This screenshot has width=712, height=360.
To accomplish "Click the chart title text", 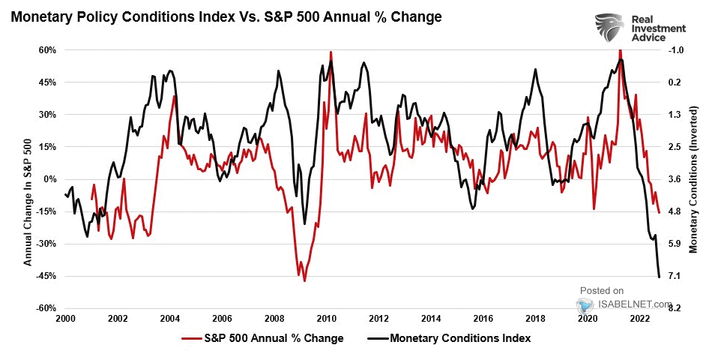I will tap(226, 16).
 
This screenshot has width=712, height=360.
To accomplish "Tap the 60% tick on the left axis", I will tap(47, 50).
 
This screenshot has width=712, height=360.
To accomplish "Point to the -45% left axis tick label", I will tap(46, 276).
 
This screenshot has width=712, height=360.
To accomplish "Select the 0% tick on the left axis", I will tap(50, 179).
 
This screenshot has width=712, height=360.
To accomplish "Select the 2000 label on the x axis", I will tap(65, 319).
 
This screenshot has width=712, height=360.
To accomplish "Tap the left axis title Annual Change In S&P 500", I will tap(28, 180).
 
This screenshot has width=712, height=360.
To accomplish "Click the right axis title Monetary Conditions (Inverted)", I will tap(693, 180).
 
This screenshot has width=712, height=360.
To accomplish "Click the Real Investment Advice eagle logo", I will tap(609, 28).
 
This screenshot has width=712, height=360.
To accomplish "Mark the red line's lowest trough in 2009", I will tap(304, 280).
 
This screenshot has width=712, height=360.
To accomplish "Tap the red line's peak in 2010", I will tap(331, 52).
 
